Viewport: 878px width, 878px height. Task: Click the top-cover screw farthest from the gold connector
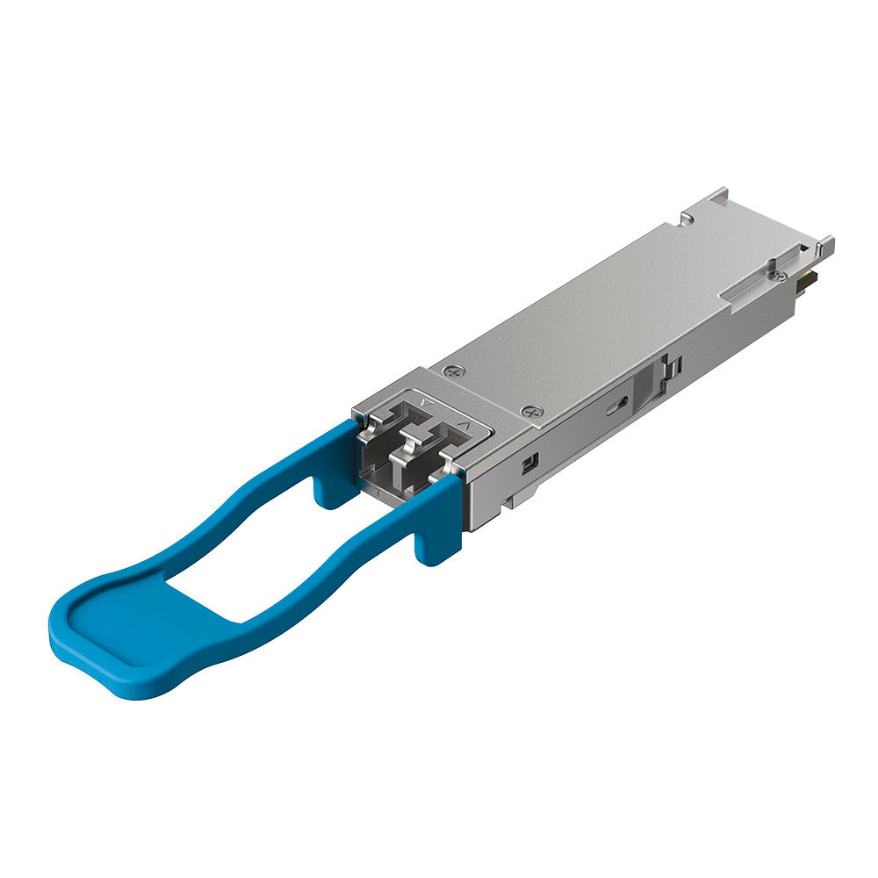pos(453,372)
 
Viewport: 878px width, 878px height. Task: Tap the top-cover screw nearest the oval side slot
pos(529,411)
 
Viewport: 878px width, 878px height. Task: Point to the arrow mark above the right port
pos(468,428)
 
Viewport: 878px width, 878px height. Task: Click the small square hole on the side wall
pos(530,463)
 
